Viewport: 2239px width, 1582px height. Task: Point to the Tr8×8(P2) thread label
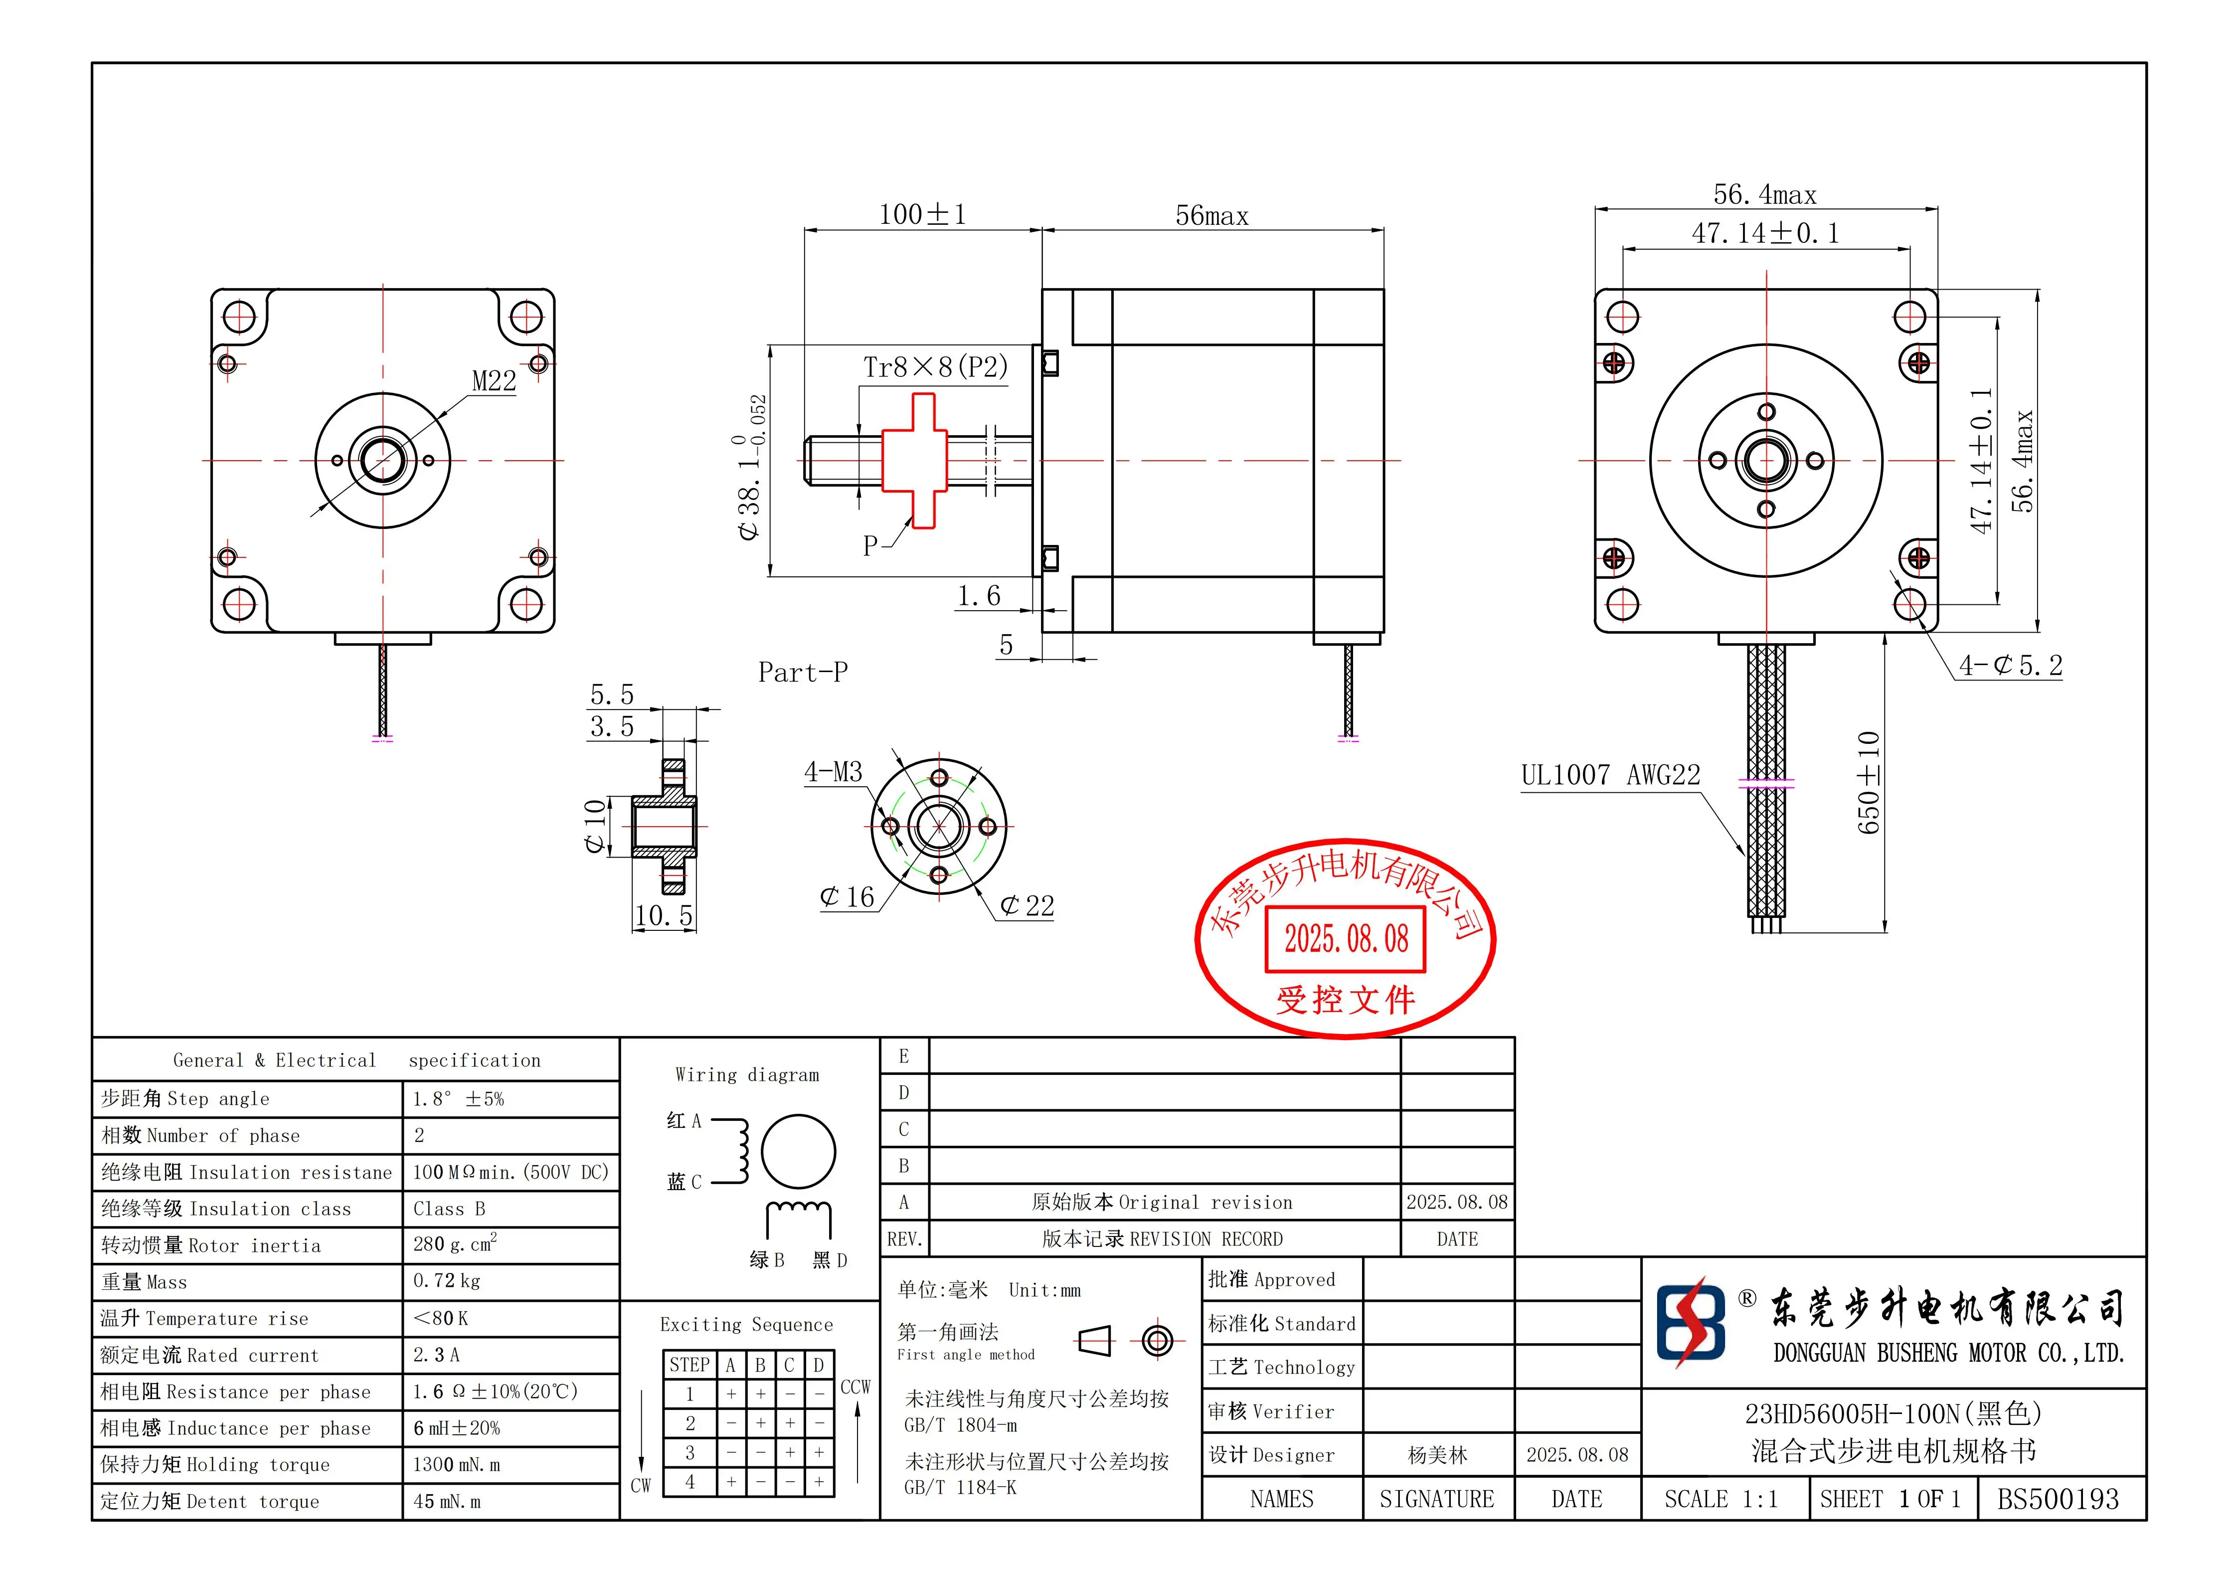click(934, 367)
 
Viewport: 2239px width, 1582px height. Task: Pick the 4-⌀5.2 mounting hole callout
click(2011, 666)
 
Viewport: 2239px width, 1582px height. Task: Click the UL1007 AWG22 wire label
click(1610, 775)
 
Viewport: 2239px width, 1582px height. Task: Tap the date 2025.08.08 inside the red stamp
click(1346, 939)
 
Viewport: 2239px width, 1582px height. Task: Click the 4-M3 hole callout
click(833, 772)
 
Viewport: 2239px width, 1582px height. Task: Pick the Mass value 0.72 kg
click(447, 1281)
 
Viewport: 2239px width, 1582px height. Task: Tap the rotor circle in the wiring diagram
click(798, 1152)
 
